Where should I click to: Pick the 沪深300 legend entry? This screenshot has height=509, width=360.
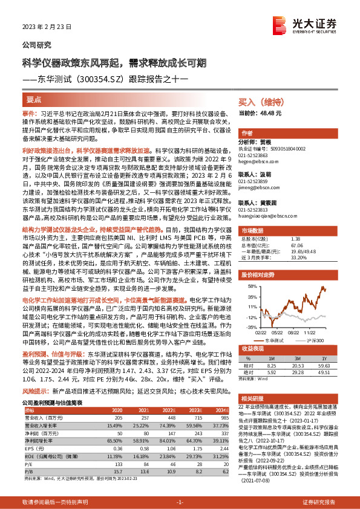coord(318,340)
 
